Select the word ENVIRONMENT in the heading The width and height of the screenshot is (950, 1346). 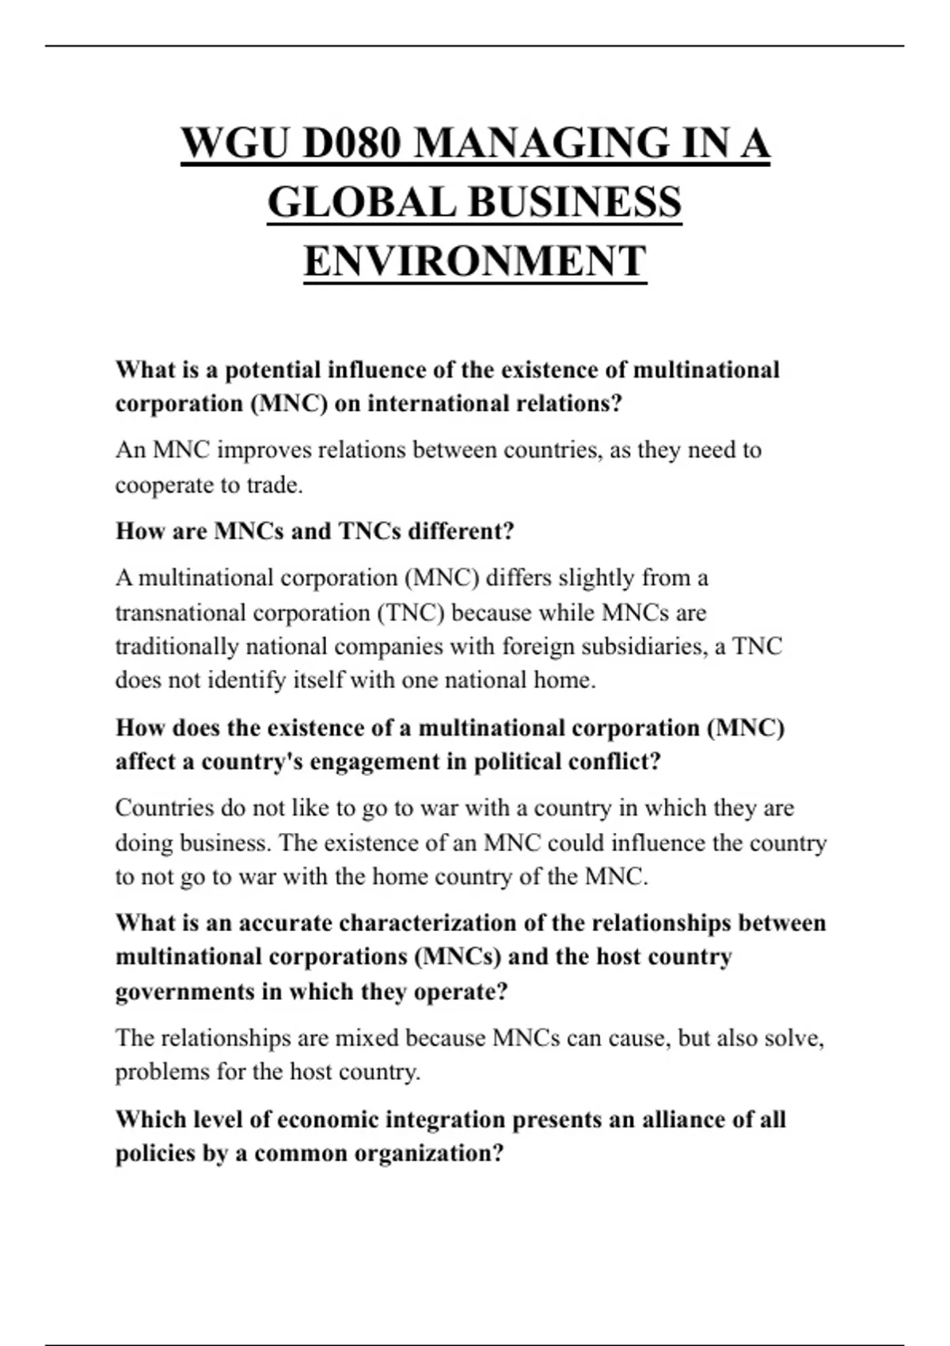pos(475,261)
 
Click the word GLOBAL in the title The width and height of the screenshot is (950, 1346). pos(361,203)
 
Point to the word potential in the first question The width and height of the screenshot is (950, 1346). pos(274,370)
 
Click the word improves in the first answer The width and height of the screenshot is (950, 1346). pos(264,450)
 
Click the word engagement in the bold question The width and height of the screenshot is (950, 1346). pos(386,762)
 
